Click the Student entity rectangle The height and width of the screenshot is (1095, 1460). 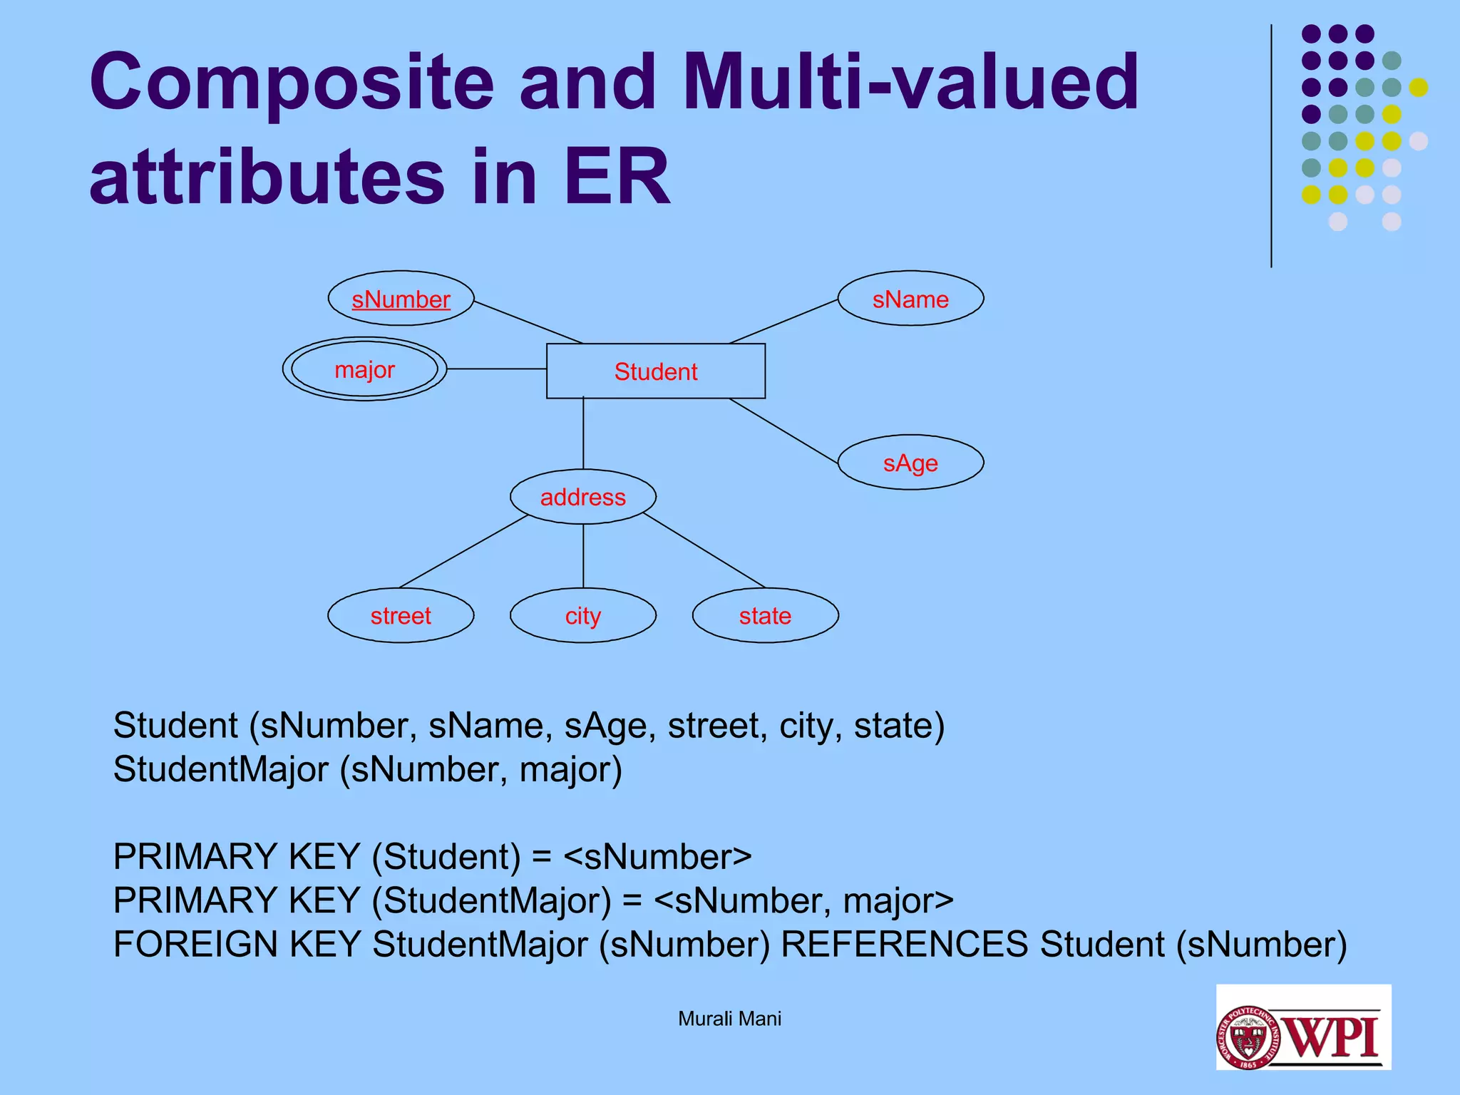pyautogui.click(x=655, y=371)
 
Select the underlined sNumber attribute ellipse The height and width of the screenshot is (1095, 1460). pyautogui.click(x=401, y=299)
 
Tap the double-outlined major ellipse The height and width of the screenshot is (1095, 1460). pyautogui.click(x=364, y=369)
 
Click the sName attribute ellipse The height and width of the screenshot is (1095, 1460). pyautogui.click(x=910, y=299)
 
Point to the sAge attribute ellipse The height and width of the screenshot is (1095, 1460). pyautogui.click(x=910, y=463)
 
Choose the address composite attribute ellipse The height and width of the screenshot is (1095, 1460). pyautogui.click(x=582, y=497)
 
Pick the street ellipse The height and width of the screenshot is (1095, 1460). pyautogui.click(x=401, y=615)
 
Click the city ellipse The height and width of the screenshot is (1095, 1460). pyautogui.click(x=582, y=615)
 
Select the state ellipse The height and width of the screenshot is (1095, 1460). pyautogui.click(x=765, y=615)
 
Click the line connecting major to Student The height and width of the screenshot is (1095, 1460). pyautogui.click(x=496, y=369)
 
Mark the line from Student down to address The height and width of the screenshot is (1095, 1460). pyautogui.click(x=583, y=433)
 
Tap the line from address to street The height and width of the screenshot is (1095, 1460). pyautogui.click(x=463, y=551)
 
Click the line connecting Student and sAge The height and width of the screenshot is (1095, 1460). pyautogui.click(x=783, y=431)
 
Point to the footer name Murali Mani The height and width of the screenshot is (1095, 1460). pyautogui.click(x=729, y=1019)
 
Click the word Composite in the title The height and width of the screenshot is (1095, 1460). pyautogui.click(x=292, y=83)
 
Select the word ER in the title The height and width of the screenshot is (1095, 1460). pyautogui.click(x=617, y=177)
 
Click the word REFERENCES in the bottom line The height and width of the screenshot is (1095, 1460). pyautogui.click(x=904, y=945)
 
